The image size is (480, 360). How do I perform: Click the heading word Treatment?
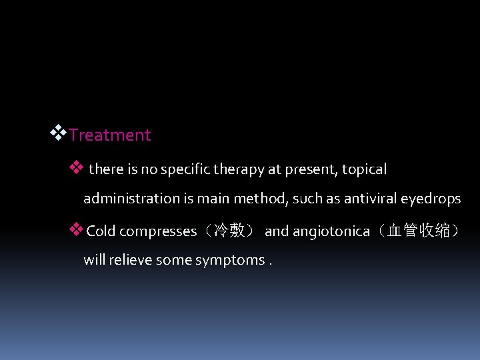(x=110, y=135)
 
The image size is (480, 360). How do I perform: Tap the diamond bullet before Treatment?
(x=59, y=133)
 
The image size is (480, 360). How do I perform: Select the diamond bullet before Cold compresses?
(x=76, y=230)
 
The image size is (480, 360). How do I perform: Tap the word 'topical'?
(x=364, y=169)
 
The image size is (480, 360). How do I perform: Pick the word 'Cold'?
(x=101, y=231)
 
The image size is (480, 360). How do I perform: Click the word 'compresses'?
(x=158, y=231)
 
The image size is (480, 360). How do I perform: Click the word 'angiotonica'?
(x=331, y=231)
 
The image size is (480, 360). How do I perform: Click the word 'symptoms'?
(x=230, y=260)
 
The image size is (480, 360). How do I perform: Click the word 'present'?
(x=312, y=169)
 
